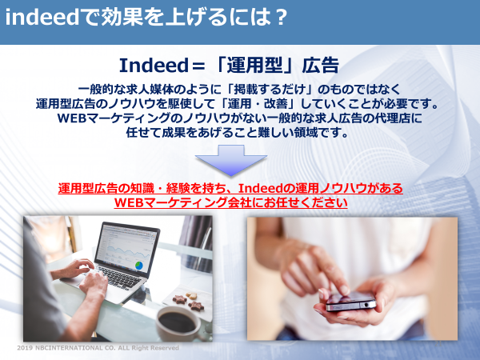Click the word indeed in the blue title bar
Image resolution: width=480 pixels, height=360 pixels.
click(42, 17)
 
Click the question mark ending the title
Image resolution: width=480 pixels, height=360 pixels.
click(280, 17)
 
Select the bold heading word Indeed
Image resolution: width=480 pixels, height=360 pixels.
click(154, 66)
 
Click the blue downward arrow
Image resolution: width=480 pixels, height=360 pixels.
click(231, 161)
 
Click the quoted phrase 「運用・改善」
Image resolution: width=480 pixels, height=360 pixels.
click(259, 104)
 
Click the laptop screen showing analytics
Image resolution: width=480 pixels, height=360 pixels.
click(126, 248)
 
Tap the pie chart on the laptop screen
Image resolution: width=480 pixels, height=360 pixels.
click(139, 265)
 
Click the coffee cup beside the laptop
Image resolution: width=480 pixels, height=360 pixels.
click(178, 323)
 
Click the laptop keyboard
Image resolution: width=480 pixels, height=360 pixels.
click(116, 276)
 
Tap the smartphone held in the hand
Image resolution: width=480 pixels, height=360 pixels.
click(350, 302)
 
